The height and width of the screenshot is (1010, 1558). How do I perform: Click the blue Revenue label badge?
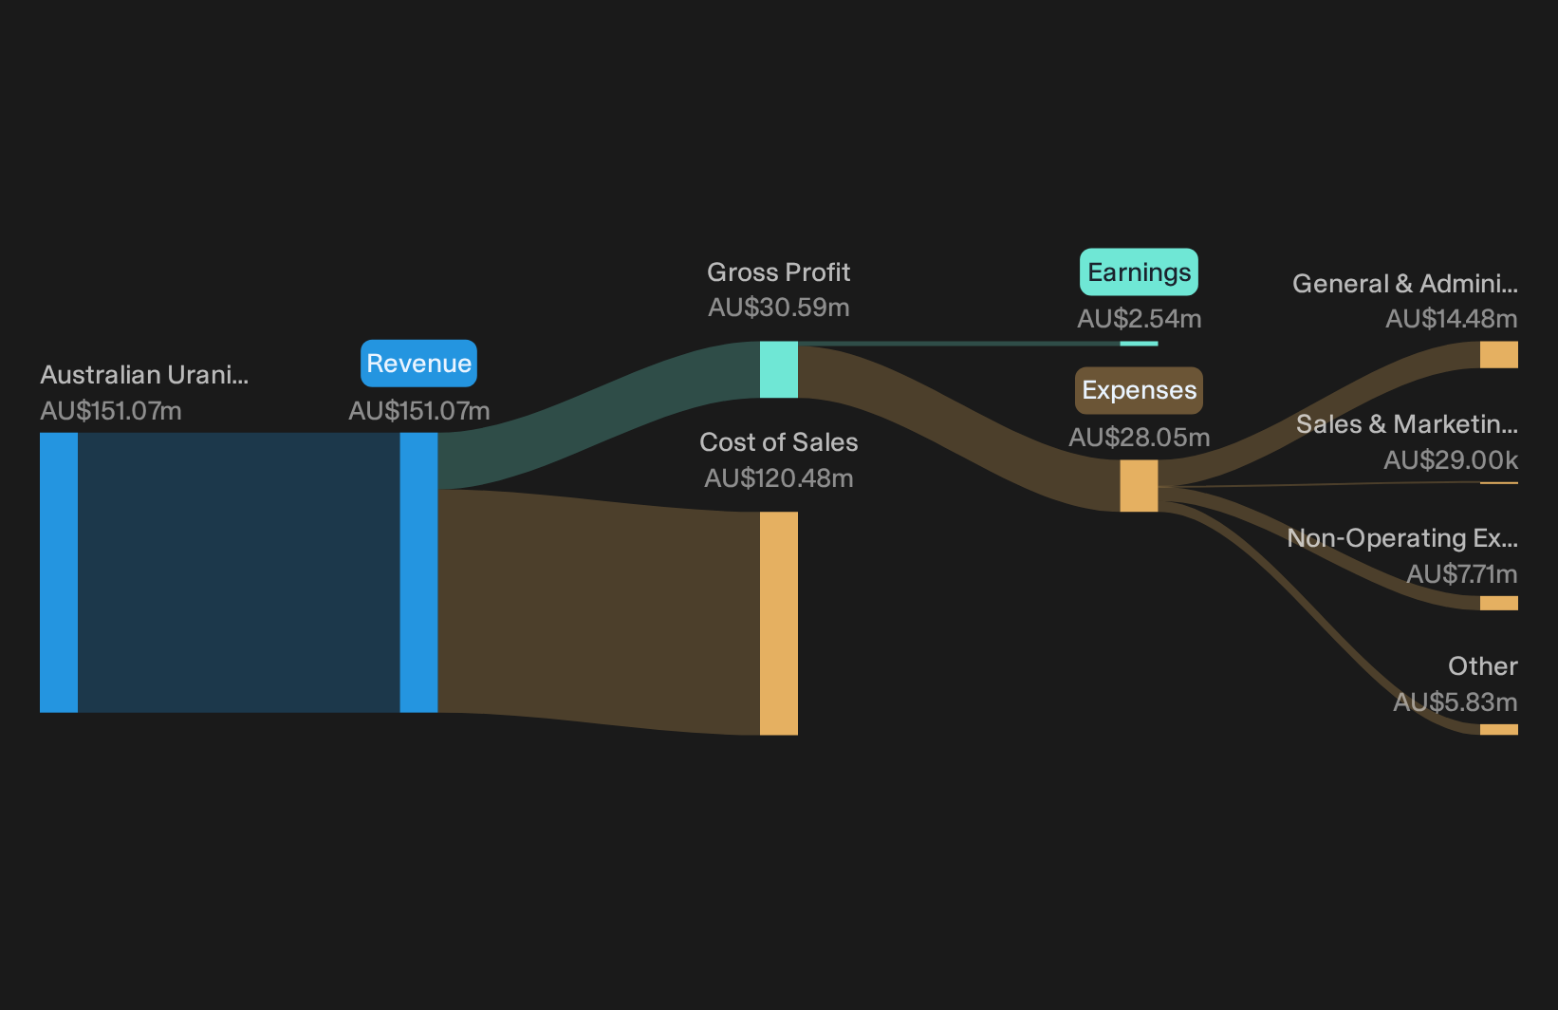pos(418,364)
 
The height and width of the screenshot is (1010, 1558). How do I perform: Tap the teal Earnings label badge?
pos(1139,272)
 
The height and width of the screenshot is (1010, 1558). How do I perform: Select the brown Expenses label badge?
pos(1139,390)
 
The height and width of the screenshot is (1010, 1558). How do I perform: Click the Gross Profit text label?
pos(778,272)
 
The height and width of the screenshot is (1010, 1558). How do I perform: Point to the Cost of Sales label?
pos(778,442)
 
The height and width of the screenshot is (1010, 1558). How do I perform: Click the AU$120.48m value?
pos(778,478)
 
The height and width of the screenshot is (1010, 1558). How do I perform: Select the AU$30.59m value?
pos(778,308)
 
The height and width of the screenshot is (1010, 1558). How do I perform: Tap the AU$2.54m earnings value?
pos(1139,319)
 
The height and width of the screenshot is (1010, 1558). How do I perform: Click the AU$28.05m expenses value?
pos(1139,438)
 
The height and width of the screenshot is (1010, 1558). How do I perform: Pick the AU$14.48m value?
pos(1451,319)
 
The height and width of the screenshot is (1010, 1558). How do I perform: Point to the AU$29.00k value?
pos(1450,460)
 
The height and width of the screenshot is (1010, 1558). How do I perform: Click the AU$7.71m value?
pos(1461,574)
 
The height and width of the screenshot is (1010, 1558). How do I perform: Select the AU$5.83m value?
pos(1456,701)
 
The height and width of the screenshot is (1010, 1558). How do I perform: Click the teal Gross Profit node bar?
pos(778,369)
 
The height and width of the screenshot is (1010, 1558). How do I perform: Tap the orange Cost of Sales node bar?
pos(778,624)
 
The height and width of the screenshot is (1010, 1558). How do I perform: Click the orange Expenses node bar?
pos(1139,486)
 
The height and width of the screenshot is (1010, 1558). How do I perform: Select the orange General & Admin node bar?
pos(1499,354)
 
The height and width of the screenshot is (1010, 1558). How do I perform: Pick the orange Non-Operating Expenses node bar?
pos(1499,603)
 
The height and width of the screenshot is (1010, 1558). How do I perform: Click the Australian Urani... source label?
pos(144,375)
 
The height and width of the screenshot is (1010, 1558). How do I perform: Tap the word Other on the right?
pos(1483,666)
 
